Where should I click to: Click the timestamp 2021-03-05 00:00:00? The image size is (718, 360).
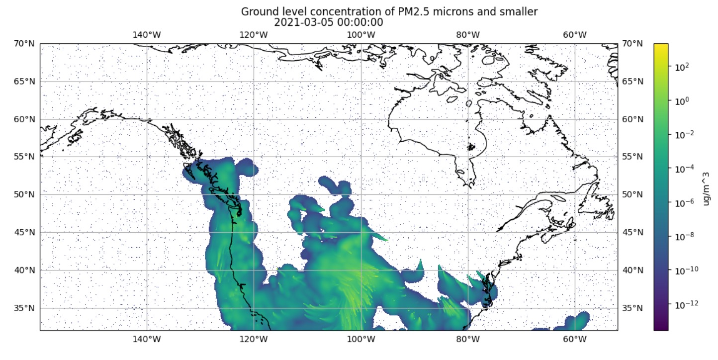click(x=328, y=22)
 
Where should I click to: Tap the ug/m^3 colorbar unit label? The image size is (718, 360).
click(x=705, y=187)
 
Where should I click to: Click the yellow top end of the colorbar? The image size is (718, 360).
click(x=660, y=47)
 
